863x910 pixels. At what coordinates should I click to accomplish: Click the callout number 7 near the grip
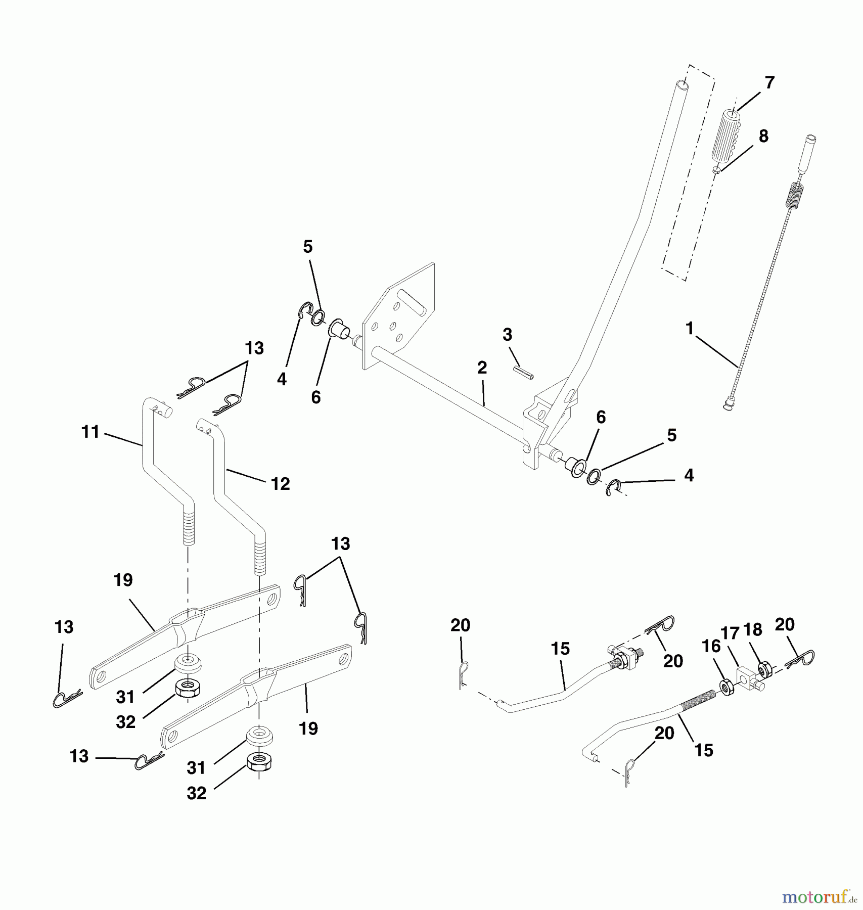click(x=769, y=82)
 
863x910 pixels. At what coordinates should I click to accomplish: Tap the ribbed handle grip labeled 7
click(x=726, y=134)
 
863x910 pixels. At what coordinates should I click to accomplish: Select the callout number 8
click(x=763, y=136)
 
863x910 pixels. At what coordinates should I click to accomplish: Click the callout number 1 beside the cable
click(x=689, y=329)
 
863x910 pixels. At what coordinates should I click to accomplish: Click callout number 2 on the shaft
click(x=482, y=368)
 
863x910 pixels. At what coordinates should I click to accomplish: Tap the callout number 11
click(x=90, y=432)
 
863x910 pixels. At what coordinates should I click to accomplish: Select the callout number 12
click(x=280, y=484)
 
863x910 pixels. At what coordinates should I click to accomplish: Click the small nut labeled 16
click(x=726, y=688)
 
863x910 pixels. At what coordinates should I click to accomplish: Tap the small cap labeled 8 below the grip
click(x=716, y=170)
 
